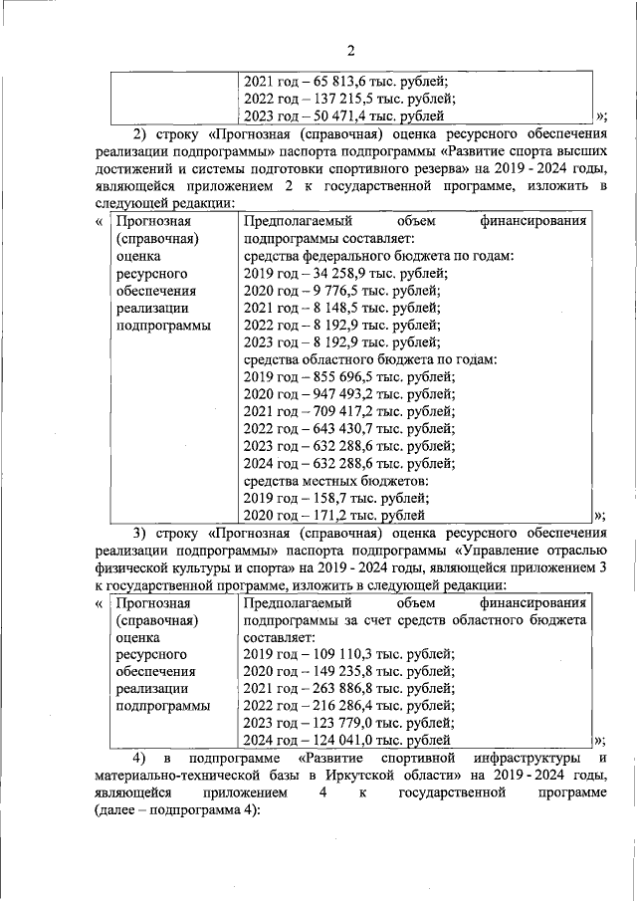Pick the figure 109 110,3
pos(340,654)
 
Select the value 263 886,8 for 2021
pos(340,689)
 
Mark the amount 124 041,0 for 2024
pos(340,741)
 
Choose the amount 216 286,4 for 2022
pos(340,706)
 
